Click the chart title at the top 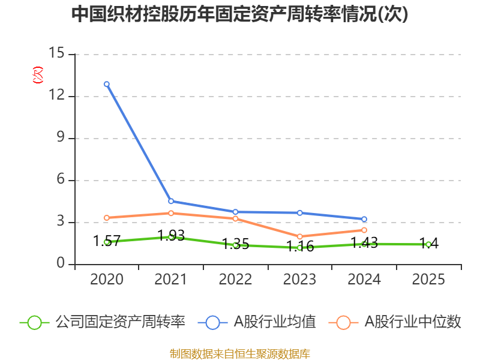point(239,14)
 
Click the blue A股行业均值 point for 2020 point(107,84)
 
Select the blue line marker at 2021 point(171,201)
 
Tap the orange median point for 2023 point(299,236)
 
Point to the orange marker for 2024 point(364,230)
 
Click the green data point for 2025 point(428,244)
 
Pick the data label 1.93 point(171,235)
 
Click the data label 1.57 point(107,241)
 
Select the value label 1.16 point(300,246)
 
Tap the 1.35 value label point(235,244)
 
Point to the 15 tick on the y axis point(56,53)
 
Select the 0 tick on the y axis point(61,263)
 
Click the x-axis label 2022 point(235,279)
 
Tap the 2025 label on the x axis point(428,279)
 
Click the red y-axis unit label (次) point(38,75)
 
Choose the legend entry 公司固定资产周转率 point(103,322)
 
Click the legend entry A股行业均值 point(257,322)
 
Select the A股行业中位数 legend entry point(395,322)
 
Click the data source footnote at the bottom point(240,353)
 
